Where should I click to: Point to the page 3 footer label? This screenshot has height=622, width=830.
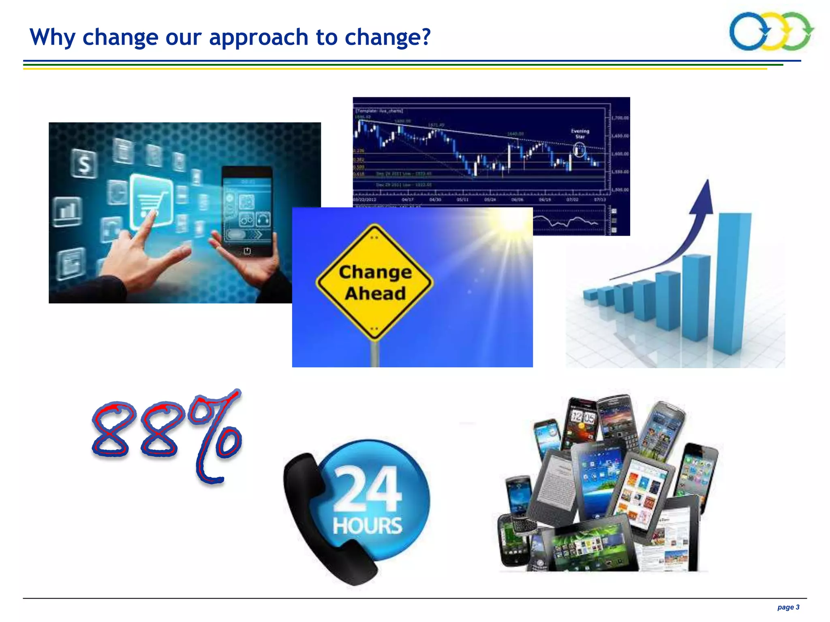point(788,607)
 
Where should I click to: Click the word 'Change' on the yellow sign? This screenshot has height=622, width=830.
point(375,272)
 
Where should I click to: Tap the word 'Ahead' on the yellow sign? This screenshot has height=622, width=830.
point(375,294)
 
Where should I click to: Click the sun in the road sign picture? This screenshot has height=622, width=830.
point(513,221)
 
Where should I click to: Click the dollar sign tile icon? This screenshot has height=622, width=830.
point(84,164)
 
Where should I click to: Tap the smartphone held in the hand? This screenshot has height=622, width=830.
point(247,211)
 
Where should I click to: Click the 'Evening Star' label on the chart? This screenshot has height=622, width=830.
point(580,134)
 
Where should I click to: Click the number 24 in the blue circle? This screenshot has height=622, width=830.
point(367,488)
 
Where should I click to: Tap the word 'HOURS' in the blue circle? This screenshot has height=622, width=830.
point(367,525)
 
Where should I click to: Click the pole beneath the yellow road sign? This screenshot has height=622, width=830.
point(375,354)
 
